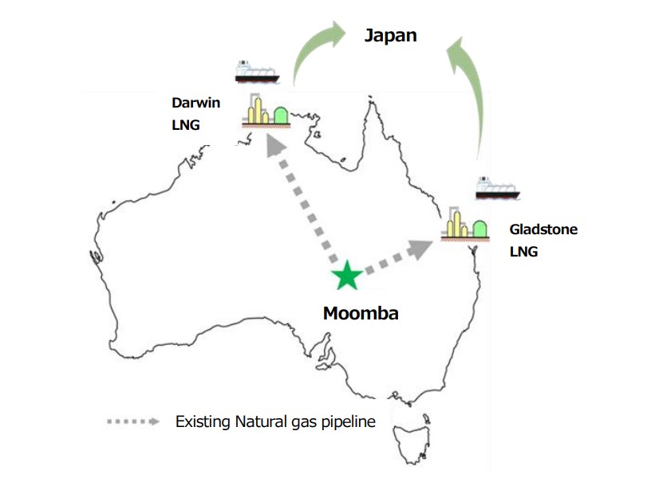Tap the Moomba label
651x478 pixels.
pos(361,313)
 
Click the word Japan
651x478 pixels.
pos(391,36)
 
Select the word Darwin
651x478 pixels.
pos(195,103)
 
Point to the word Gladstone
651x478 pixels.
pos(543,229)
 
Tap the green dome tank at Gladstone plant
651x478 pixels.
pos(481,228)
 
